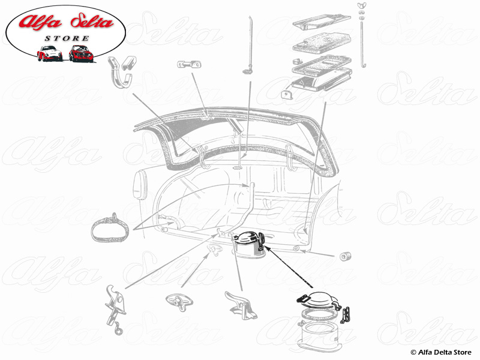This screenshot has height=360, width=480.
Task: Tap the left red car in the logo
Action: click(x=49, y=53)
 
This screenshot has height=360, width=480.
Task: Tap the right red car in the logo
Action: click(x=80, y=53)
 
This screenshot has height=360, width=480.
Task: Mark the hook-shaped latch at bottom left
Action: click(x=116, y=304)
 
